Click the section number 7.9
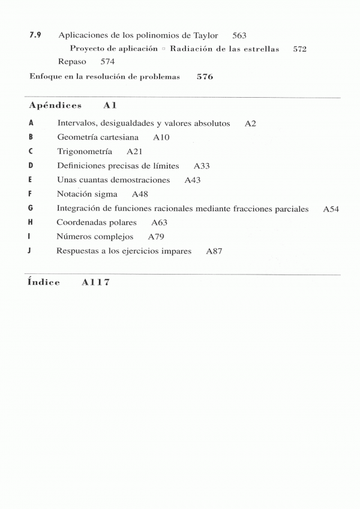click(x=35, y=35)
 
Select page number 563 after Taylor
click(x=239, y=36)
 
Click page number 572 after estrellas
click(x=300, y=49)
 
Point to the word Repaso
click(x=72, y=61)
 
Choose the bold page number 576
click(x=205, y=77)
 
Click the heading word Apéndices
click(x=55, y=106)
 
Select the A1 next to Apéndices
click(x=109, y=106)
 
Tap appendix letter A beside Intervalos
click(x=31, y=123)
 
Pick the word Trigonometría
click(x=85, y=152)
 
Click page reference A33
click(x=202, y=166)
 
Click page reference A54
click(x=331, y=209)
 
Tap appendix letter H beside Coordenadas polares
click(x=31, y=222)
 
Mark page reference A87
click(x=214, y=251)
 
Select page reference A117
click(x=96, y=282)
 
